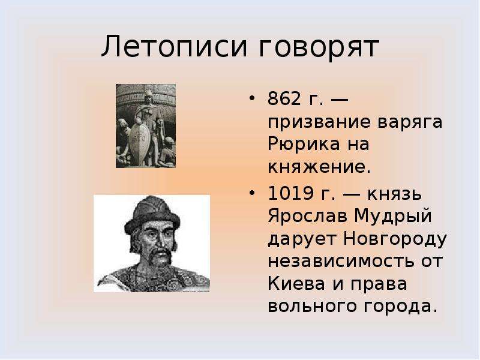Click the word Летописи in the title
[x=174, y=47]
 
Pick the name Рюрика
[x=304, y=145]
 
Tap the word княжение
[x=319, y=167]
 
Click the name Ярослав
[x=307, y=217]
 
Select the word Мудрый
[x=393, y=217]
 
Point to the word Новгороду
[x=395, y=239]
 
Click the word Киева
[x=296, y=284]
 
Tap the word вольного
[x=312, y=307]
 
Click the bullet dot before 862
[x=252, y=98]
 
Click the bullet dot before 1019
[x=252, y=193]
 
